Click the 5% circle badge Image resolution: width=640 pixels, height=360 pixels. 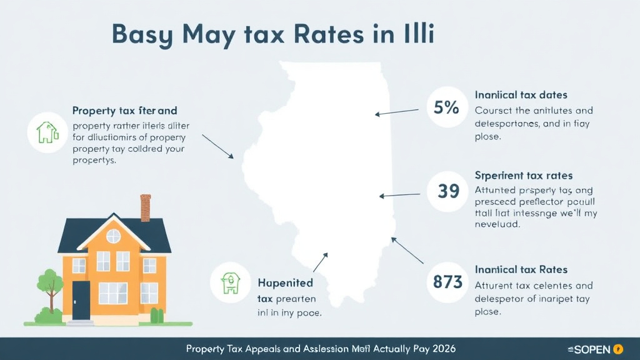pyautogui.click(x=446, y=107)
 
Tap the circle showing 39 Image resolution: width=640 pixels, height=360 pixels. pyautogui.click(x=448, y=191)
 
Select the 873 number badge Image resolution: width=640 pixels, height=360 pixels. pyautogui.click(x=447, y=282)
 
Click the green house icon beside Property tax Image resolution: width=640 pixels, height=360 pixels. pyautogui.click(x=47, y=132)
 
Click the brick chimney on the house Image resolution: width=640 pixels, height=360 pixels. pyautogui.click(x=146, y=207)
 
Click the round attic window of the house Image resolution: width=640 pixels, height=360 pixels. pyautogui.click(x=114, y=236)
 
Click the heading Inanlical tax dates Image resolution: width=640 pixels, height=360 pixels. pyautogui.click(x=521, y=95)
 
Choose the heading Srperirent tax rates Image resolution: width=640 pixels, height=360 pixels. pyautogui.click(x=524, y=176)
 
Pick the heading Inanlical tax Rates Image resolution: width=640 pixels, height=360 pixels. pyautogui.click(x=521, y=269)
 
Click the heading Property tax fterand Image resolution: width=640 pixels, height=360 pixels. pyautogui.click(x=125, y=111)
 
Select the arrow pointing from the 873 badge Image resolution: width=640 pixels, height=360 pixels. pyautogui.click(x=407, y=250)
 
